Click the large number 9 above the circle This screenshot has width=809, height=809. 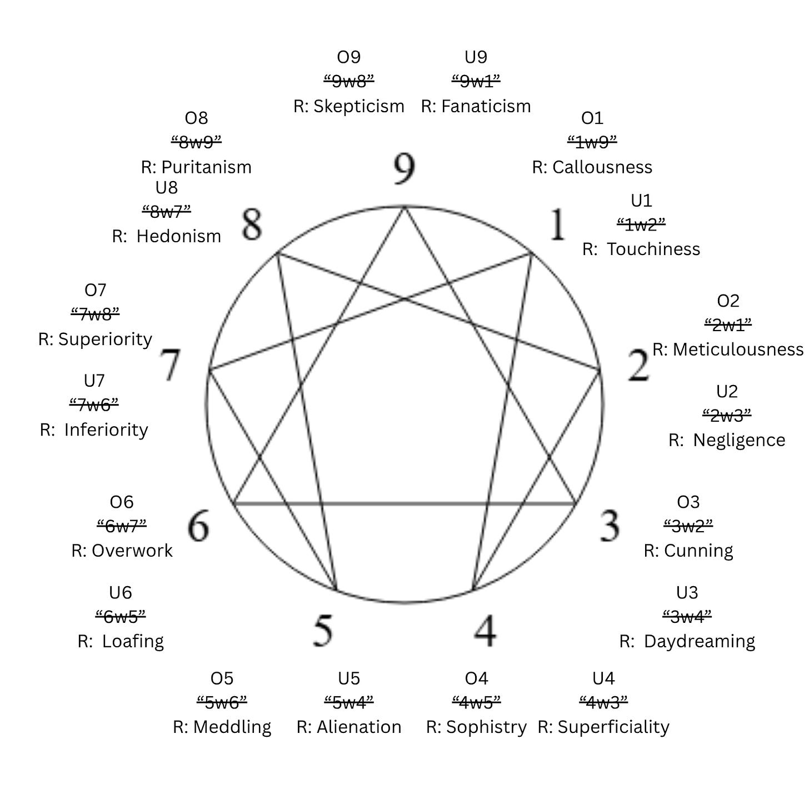[x=404, y=168]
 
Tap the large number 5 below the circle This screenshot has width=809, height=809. [x=323, y=630]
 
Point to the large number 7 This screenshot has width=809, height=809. [x=171, y=366]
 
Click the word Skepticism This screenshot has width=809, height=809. [x=359, y=106]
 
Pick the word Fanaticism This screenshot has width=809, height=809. [x=486, y=106]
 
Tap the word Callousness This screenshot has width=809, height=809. [x=602, y=167]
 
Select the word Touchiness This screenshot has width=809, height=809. [x=653, y=249]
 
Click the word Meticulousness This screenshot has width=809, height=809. [x=738, y=349]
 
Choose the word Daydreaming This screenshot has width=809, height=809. [x=700, y=641]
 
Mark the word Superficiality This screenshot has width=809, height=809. [x=613, y=727]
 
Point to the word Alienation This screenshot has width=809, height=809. [x=359, y=727]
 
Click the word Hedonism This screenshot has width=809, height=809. [x=178, y=236]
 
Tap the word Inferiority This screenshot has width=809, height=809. [x=106, y=430]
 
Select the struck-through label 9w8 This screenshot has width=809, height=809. [x=349, y=82]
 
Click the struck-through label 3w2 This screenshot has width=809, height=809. [x=688, y=525]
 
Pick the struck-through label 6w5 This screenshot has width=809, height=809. [x=121, y=616]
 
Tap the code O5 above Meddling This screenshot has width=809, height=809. [x=222, y=678]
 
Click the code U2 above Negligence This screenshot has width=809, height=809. [x=727, y=392]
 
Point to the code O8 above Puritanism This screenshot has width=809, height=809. [x=196, y=118]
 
